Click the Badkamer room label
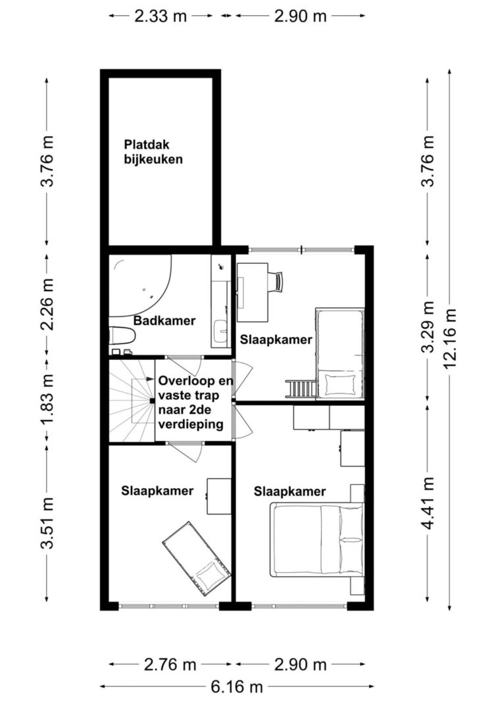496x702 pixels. coord(164,320)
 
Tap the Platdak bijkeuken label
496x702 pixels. coord(153,152)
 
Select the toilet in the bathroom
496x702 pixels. coord(122,336)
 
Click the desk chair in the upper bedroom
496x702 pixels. coord(276,282)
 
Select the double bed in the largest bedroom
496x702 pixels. coord(317,539)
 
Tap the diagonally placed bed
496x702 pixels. coord(197,560)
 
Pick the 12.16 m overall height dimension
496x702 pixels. coord(450,338)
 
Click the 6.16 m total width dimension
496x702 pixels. coord(236,686)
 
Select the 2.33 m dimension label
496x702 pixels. coord(161,16)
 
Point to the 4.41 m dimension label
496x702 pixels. coord(428,503)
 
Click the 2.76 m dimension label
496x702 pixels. coord(170,664)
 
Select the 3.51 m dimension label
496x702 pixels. coord(47,522)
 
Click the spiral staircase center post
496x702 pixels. coord(151,401)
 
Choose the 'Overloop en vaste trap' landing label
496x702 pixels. coord(195,388)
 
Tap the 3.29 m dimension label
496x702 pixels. coord(428,327)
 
